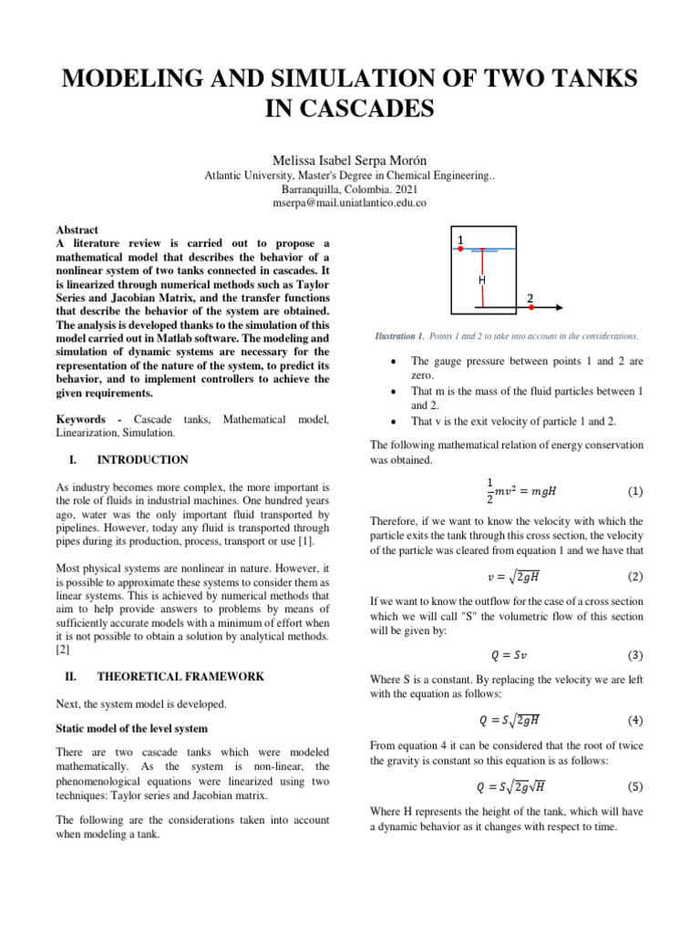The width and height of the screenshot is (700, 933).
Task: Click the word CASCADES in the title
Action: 350,111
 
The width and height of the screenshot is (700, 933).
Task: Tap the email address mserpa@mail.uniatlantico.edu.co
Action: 349,203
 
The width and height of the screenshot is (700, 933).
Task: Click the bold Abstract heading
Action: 77,231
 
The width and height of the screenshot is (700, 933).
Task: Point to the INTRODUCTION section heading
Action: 142,460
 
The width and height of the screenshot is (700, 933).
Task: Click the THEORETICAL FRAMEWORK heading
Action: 180,677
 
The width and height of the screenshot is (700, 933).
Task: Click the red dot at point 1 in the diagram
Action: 460,249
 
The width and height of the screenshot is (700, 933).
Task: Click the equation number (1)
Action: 635,491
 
